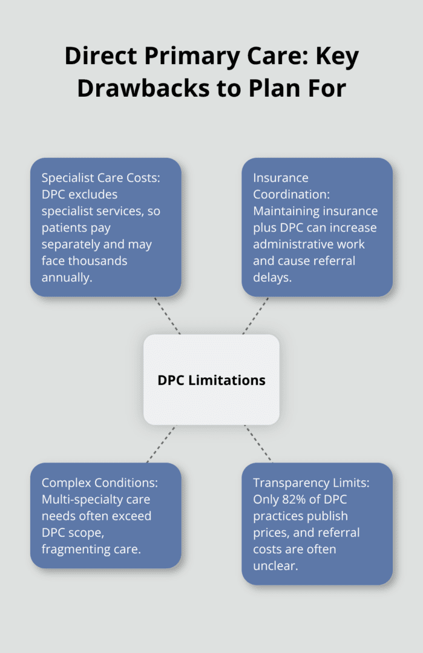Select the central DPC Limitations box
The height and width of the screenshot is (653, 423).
click(211, 380)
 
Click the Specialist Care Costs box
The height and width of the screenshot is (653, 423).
click(105, 227)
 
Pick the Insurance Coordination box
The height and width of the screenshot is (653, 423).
click(317, 227)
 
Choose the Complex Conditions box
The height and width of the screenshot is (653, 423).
click(105, 515)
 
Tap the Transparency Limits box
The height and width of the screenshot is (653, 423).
click(317, 524)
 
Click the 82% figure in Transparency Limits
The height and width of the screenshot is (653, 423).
click(292, 500)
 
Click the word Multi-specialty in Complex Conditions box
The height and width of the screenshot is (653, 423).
click(77, 499)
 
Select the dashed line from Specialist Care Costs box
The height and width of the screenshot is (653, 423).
click(168, 315)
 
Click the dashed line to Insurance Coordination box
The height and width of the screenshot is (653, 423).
click(256, 315)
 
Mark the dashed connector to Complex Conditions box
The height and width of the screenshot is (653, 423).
click(161, 444)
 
